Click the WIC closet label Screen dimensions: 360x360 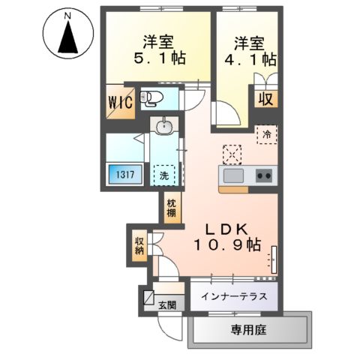click(x=121, y=101)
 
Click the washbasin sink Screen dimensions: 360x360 click(x=165, y=127)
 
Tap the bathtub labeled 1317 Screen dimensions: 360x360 click(x=125, y=175)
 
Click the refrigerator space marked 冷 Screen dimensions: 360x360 click(x=266, y=134)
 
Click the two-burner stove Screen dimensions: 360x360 click(x=264, y=176)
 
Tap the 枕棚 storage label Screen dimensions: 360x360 click(x=170, y=207)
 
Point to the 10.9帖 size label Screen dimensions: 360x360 click(x=226, y=246)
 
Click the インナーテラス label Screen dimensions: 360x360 click(x=233, y=296)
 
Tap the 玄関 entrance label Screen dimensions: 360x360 click(x=167, y=304)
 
